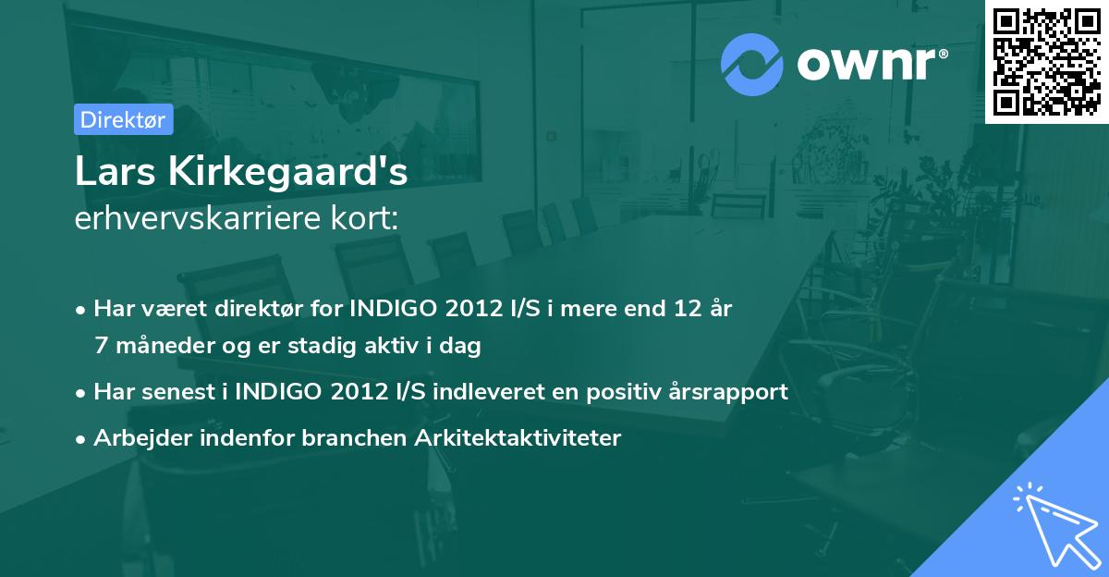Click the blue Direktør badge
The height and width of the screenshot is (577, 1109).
pos(123,119)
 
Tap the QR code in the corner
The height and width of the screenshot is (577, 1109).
pos(1047,62)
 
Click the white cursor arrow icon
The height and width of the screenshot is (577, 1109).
pos(1054,523)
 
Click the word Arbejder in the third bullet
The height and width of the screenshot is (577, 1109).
pos(135,437)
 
